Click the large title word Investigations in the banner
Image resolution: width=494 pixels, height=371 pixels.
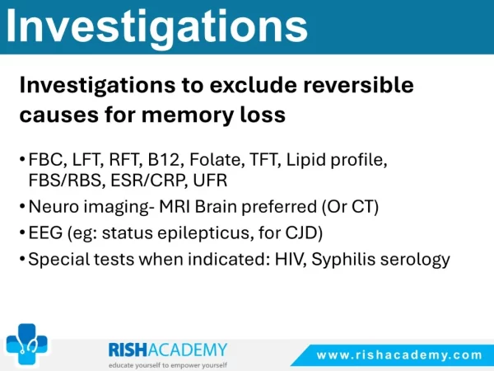[x=156, y=27]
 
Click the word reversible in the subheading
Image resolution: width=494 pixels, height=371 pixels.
[x=358, y=85]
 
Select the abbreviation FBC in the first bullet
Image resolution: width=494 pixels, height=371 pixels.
[x=45, y=159]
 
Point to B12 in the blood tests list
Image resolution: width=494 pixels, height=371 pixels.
[x=163, y=159]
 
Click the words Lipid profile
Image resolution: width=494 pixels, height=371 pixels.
[x=336, y=160]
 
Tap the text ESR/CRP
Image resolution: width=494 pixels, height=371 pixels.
[x=147, y=181]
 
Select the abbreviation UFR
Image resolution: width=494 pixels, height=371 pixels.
[x=210, y=181]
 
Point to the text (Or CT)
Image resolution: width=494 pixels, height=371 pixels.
[x=350, y=207]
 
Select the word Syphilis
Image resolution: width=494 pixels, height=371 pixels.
[x=343, y=260]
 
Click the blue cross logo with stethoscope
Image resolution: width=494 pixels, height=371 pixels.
[x=27, y=343]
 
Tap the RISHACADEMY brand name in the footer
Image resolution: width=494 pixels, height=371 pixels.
[x=168, y=350]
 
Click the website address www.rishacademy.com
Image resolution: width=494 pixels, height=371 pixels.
[x=398, y=355]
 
